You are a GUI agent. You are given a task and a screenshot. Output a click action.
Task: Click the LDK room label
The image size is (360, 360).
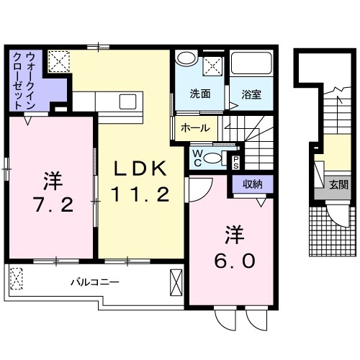coord(142,169)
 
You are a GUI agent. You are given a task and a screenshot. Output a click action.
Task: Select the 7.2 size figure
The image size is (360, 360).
coord(52,204)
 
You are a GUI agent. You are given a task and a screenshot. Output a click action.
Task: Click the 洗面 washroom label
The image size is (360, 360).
coord(200,94)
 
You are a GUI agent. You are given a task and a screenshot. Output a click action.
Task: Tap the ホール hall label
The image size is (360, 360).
coord(196,128)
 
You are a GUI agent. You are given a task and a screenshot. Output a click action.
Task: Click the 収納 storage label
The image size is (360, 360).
coord(252,184)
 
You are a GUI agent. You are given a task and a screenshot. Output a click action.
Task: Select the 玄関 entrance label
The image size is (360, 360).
coord(338,184)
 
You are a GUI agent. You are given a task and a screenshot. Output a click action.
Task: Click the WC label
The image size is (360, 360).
coord(197,157)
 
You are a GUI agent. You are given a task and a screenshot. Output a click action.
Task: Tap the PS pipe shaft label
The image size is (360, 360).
coord(235,161)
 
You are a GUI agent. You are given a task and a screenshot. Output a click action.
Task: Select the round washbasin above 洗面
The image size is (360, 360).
coord(186,60)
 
